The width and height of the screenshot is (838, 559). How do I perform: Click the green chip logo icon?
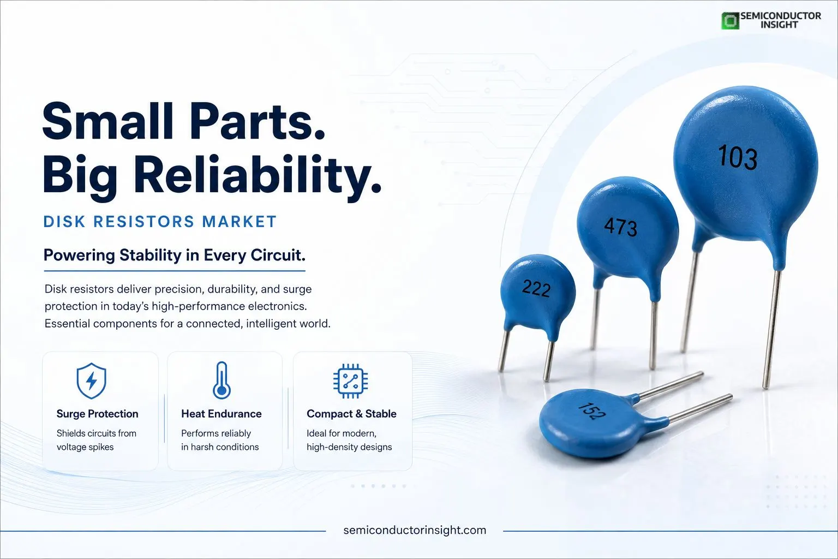pyautogui.click(x=731, y=20)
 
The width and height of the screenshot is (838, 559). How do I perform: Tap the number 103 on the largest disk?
pyautogui.click(x=738, y=157)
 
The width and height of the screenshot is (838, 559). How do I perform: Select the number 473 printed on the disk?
pyautogui.click(x=621, y=226)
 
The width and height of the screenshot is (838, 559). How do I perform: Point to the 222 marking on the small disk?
pyautogui.click(x=536, y=288)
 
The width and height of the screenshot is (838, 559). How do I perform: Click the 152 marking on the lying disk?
pyautogui.click(x=591, y=411)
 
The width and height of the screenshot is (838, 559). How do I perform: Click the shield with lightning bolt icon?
pyautogui.click(x=91, y=380)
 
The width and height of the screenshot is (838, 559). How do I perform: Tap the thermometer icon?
pyautogui.click(x=222, y=380)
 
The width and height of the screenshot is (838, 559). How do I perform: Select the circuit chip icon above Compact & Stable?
pyautogui.click(x=351, y=380)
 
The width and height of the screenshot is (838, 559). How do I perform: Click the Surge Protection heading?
pyautogui.click(x=97, y=414)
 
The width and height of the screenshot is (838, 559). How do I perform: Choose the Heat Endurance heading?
pyautogui.click(x=222, y=414)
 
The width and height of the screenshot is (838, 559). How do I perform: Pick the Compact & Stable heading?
pyautogui.click(x=352, y=414)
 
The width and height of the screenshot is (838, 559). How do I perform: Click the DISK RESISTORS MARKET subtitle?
pyautogui.click(x=160, y=222)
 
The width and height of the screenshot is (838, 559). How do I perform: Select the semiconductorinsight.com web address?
pyautogui.click(x=415, y=530)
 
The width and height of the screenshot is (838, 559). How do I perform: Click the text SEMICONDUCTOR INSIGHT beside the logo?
pyautogui.click(x=780, y=20)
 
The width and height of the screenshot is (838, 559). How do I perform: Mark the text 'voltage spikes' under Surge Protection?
pyautogui.click(x=85, y=447)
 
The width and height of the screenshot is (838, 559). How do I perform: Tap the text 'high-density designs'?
pyautogui.click(x=349, y=447)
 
